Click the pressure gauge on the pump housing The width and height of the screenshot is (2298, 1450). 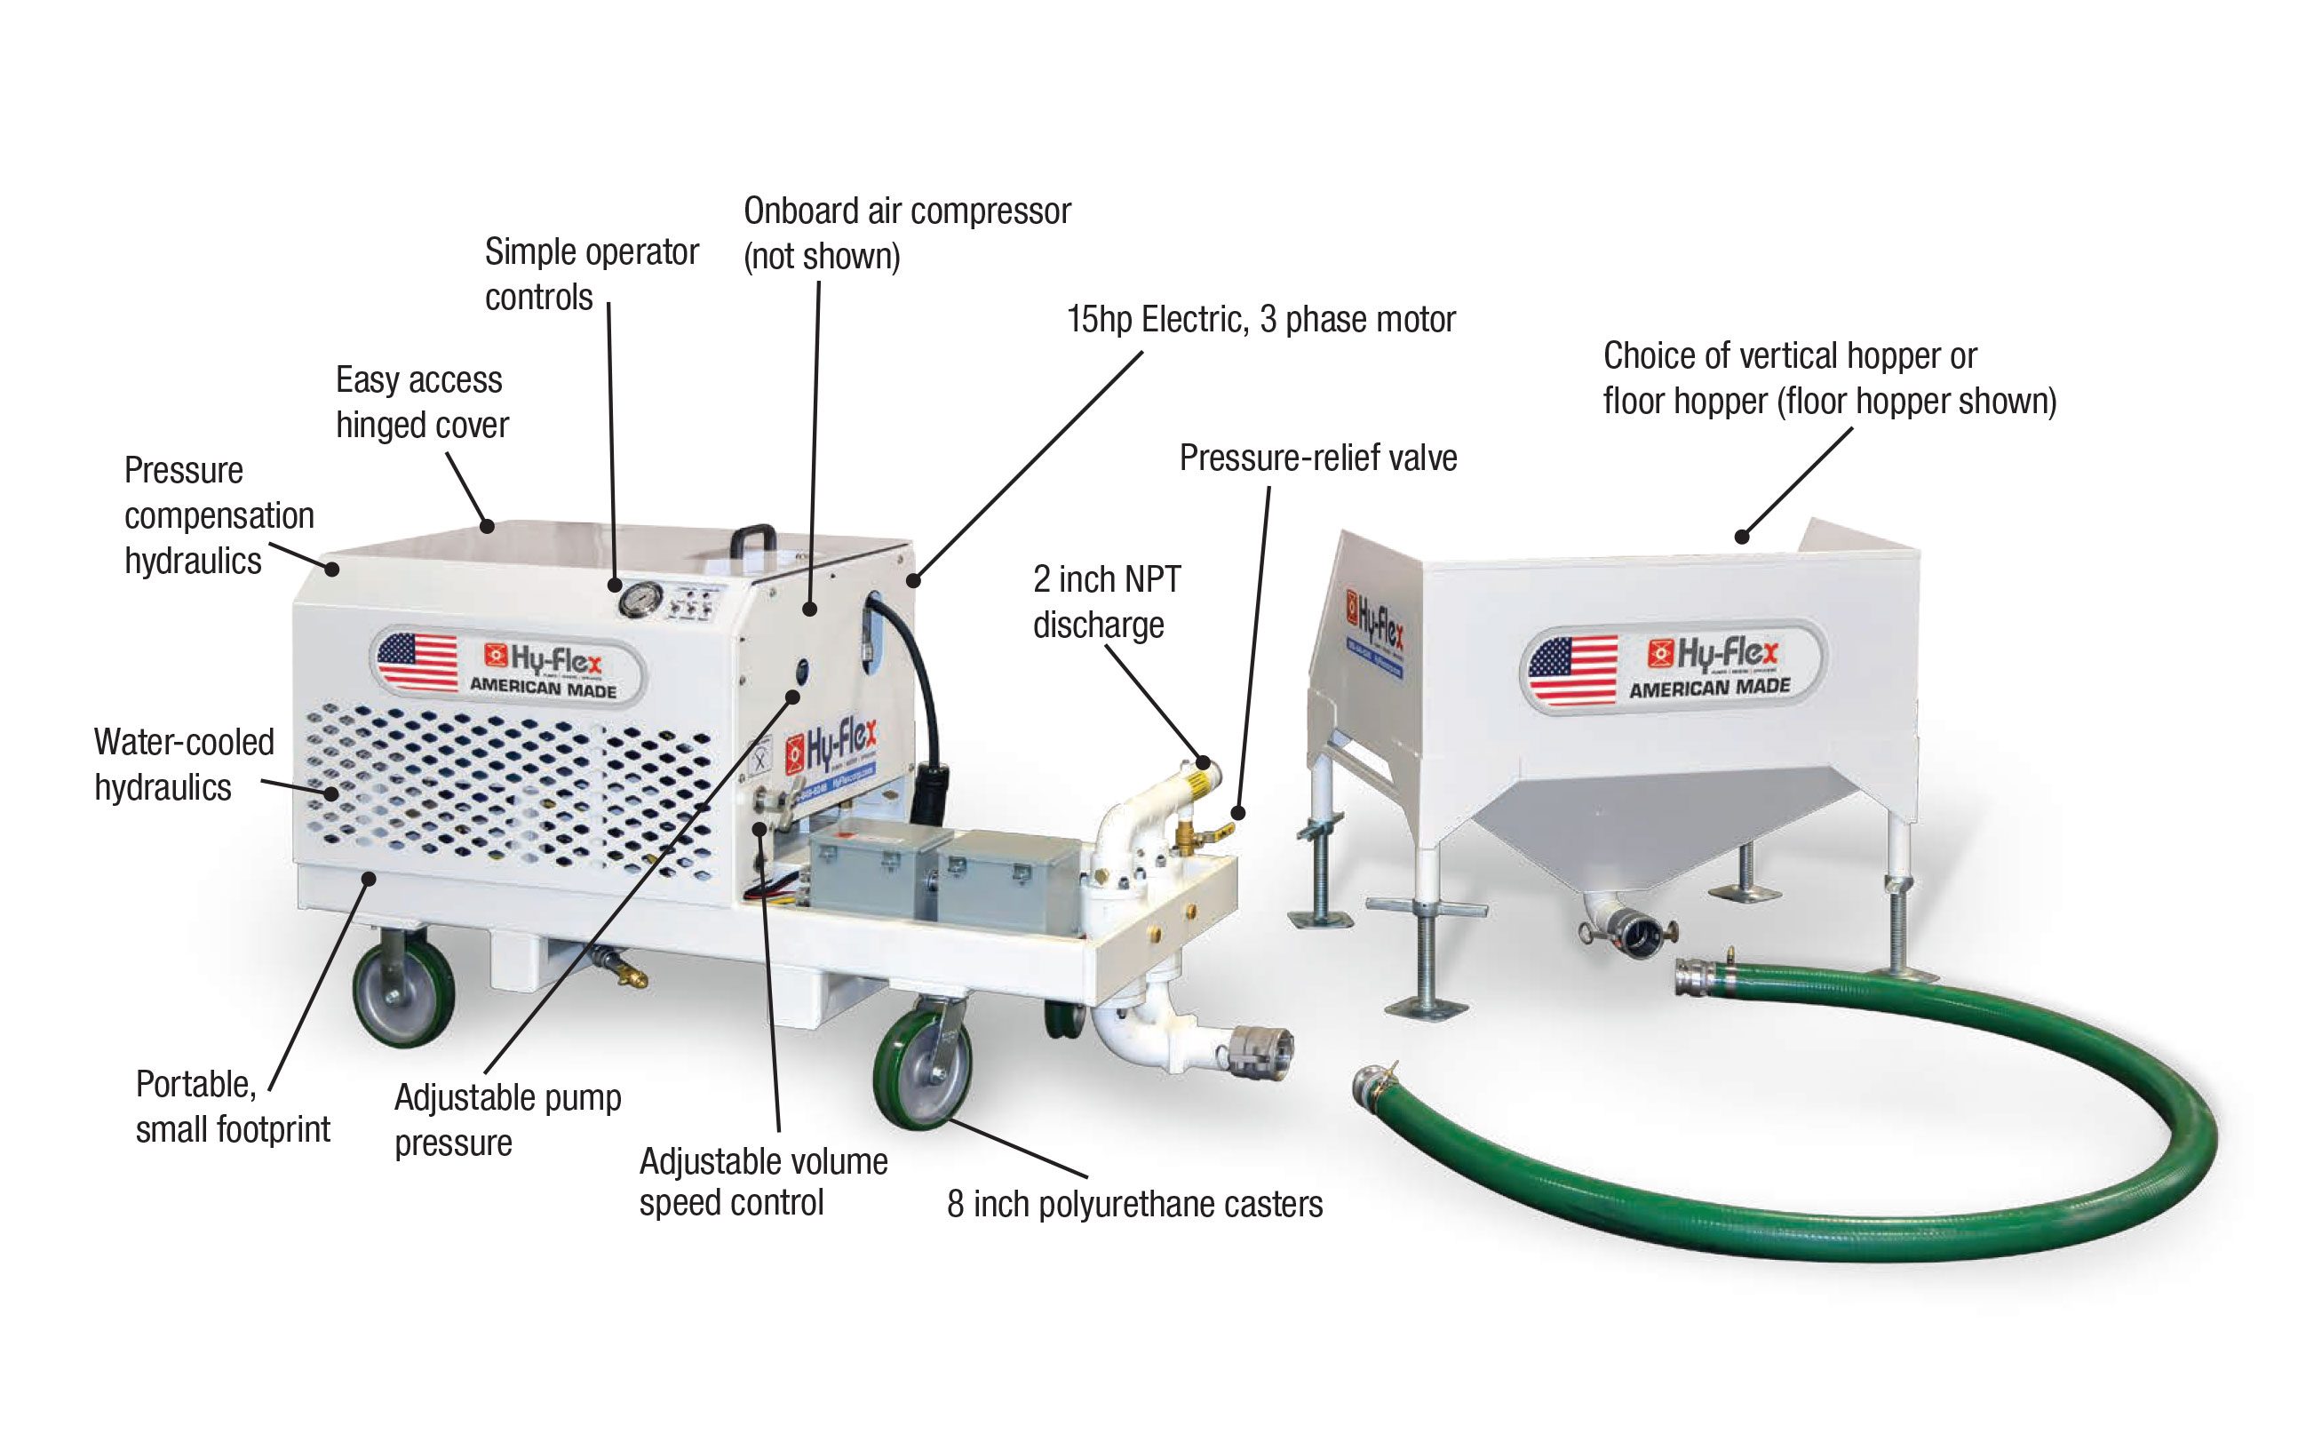[x=640, y=599]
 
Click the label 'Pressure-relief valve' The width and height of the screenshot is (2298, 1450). [x=1317, y=458]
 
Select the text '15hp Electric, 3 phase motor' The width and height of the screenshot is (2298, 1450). [x=1260, y=320]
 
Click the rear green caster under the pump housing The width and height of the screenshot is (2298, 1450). [x=402, y=991]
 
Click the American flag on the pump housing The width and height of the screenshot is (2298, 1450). [x=417, y=660]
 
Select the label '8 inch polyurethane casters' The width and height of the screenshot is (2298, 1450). [x=1133, y=1205]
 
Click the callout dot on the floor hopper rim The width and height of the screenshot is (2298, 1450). [x=1741, y=537]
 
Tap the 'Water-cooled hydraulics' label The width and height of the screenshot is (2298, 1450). [x=183, y=765]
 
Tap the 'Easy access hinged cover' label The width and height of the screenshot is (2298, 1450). [x=421, y=402]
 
